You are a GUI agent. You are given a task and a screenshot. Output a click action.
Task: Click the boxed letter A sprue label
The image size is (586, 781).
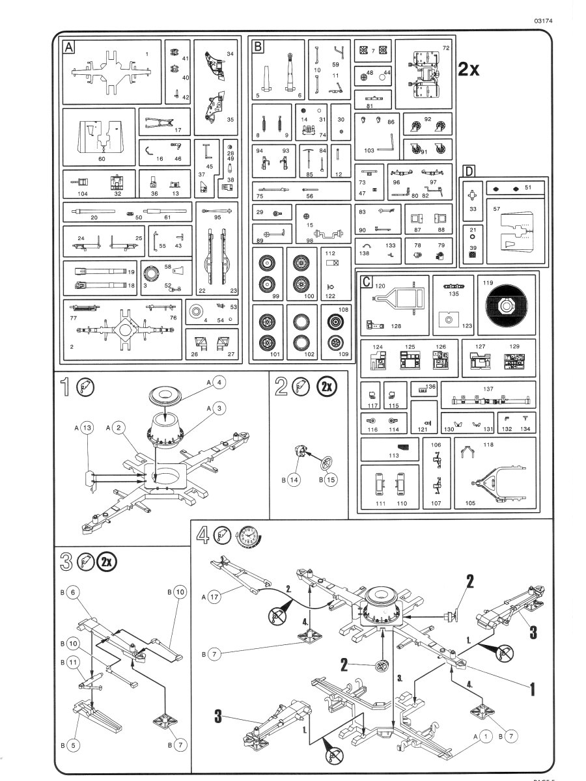click(x=68, y=47)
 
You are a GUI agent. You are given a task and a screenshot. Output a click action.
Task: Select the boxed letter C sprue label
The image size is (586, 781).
click(x=367, y=281)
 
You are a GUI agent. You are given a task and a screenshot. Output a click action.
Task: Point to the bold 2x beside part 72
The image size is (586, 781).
click(x=469, y=70)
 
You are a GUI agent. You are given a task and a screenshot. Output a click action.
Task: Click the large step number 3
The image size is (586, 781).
click(x=65, y=561)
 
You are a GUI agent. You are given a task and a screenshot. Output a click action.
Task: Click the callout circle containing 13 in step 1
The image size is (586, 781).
click(x=89, y=428)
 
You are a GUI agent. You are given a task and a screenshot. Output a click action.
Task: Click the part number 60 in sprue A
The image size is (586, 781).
click(x=102, y=158)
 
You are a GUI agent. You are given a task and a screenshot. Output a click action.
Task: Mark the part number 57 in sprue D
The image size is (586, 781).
click(x=496, y=210)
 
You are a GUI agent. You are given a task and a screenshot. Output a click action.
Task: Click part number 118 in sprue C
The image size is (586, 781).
click(x=488, y=445)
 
